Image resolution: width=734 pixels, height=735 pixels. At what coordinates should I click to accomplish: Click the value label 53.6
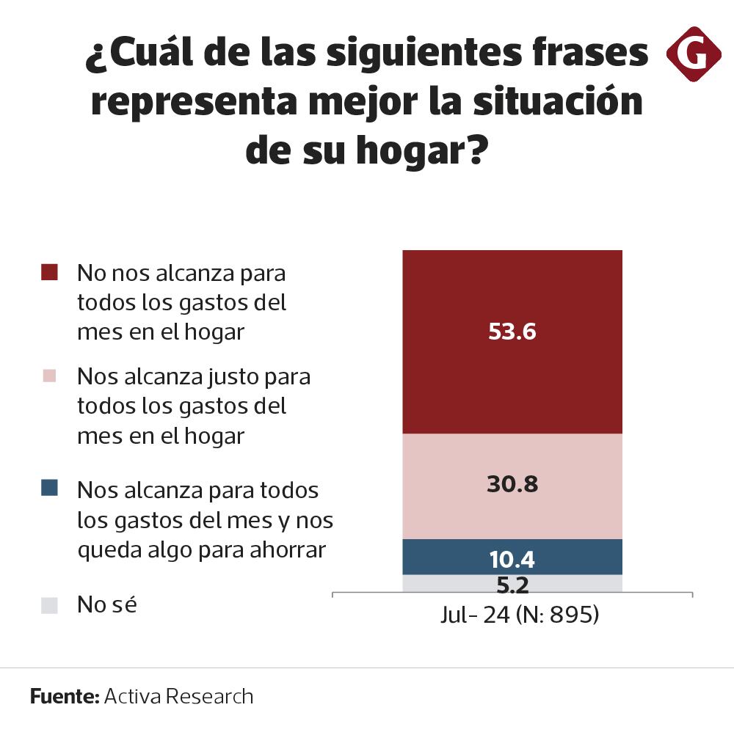512,332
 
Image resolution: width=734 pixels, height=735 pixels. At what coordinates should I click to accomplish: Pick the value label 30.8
512,485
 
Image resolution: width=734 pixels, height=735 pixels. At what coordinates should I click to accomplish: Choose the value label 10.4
512,560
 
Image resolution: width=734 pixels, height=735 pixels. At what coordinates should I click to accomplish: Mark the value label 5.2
512,585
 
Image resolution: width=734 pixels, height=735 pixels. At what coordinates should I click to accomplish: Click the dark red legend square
49,273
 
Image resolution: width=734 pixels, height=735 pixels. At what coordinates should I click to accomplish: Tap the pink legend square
49,376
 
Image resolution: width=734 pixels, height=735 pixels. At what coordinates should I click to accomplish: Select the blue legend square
49,488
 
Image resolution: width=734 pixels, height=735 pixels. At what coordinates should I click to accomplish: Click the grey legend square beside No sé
49,606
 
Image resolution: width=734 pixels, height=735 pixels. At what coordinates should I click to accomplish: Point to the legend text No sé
108,605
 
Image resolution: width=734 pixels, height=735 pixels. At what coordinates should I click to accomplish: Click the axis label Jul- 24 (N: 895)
520,615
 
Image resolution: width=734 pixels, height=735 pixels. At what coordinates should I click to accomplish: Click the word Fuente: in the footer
65,696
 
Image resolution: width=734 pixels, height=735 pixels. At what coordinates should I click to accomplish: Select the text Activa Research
178,696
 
